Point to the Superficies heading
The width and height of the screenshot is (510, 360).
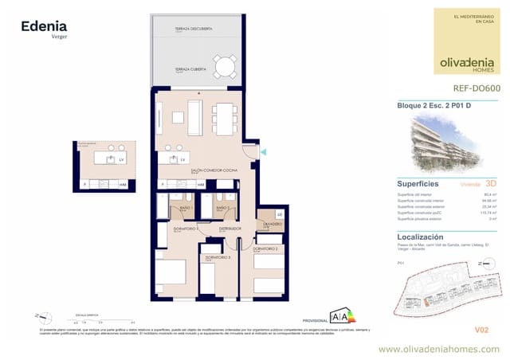[418, 182]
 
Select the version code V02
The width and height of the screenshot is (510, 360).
[481, 329]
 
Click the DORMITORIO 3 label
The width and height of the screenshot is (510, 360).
[218, 257]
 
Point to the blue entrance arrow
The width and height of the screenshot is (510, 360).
[265, 152]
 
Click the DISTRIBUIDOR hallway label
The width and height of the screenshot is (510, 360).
[230, 229]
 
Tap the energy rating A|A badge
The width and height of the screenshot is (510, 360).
[343, 315]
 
